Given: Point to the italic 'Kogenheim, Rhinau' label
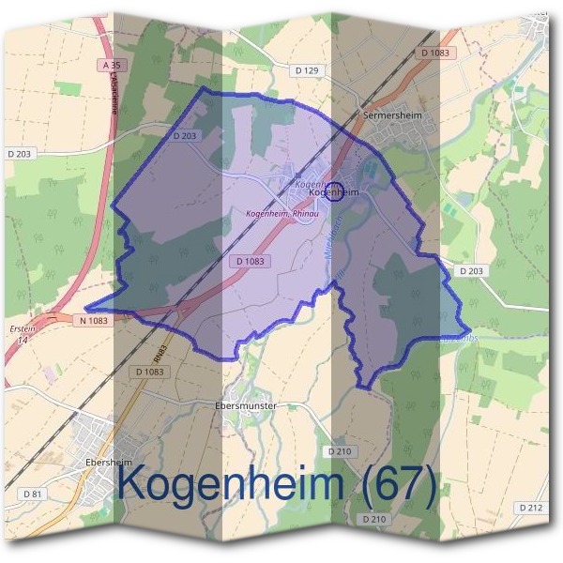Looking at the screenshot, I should click(x=282, y=214).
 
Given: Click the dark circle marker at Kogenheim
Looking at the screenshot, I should click(x=334, y=191).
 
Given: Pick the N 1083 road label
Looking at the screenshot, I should click(x=89, y=320).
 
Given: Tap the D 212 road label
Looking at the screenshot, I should click(x=530, y=507).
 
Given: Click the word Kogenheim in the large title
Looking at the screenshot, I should click(x=231, y=485).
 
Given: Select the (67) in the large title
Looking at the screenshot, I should click(x=394, y=485).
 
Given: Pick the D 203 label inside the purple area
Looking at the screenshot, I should click(x=185, y=136).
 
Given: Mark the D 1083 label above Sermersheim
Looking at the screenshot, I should click(x=436, y=53).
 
